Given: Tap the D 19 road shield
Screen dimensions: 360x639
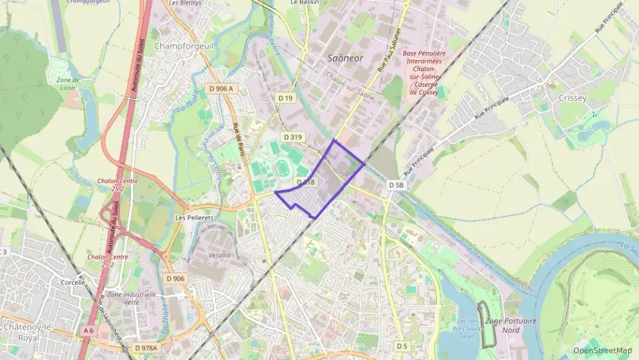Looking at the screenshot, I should click(286, 99).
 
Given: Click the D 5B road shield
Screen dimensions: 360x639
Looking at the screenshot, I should click(397, 185).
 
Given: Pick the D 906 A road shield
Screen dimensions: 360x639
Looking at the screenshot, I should click(221, 89).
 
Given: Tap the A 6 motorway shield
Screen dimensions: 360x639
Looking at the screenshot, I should click(88, 331).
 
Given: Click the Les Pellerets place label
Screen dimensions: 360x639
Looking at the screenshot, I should click(195, 218).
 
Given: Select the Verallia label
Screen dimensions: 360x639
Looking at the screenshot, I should click(218, 255).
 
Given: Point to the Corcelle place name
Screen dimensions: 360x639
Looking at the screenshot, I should click(73, 281).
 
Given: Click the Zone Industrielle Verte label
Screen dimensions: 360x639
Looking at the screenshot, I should click(132, 298).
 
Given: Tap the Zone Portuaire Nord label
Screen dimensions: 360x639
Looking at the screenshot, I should click(511, 325).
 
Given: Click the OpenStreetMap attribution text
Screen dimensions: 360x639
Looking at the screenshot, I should click(602, 350).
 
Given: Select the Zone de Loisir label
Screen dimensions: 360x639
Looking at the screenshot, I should click(68, 84).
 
